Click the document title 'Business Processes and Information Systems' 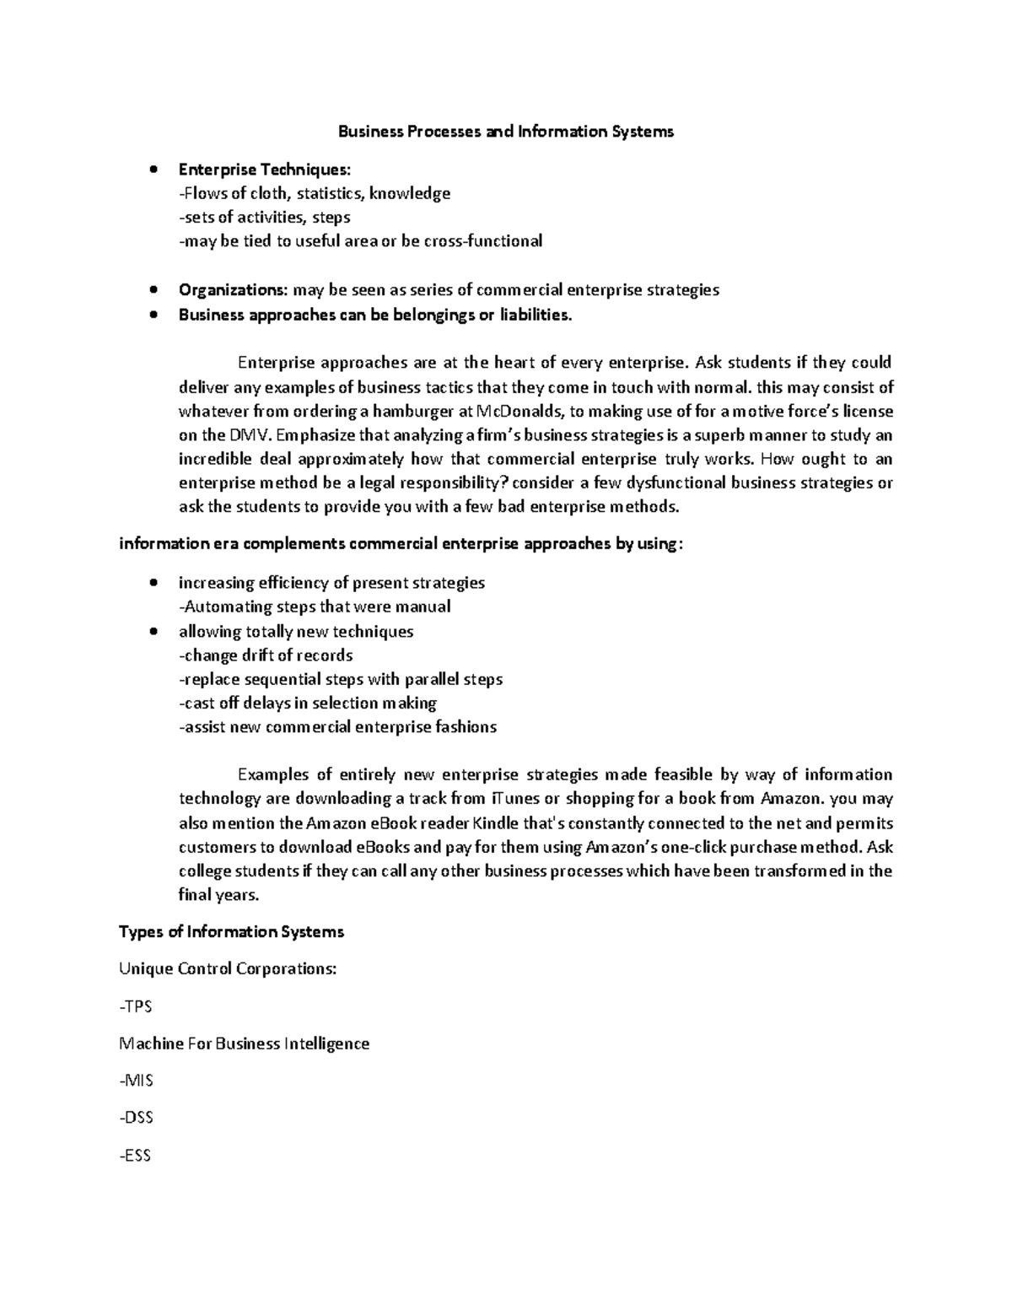[x=506, y=132]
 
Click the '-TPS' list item [x=136, y=1006]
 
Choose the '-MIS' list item [x=137, y=1081]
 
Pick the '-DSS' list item [x=137, y=1118]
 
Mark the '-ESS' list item [x=136, y=1156]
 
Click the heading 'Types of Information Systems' [x=232, y=932]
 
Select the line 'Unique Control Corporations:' [x=228, y=969]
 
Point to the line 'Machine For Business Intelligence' [x=245, y=1043]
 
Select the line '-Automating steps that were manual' [x=315, y=606]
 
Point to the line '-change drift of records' [x=266, y=655]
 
